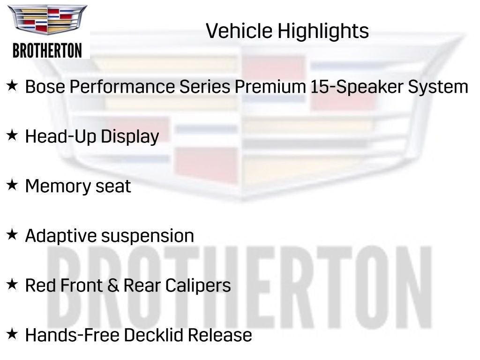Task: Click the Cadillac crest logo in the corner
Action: point(47,20)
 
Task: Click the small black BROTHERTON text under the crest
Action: point(47,50)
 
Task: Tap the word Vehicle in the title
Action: point(239,31)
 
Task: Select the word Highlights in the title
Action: point(323,31)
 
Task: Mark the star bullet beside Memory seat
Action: point(12,185)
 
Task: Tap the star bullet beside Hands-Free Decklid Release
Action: point(12,334)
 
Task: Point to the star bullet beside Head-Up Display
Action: point(12,135)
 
